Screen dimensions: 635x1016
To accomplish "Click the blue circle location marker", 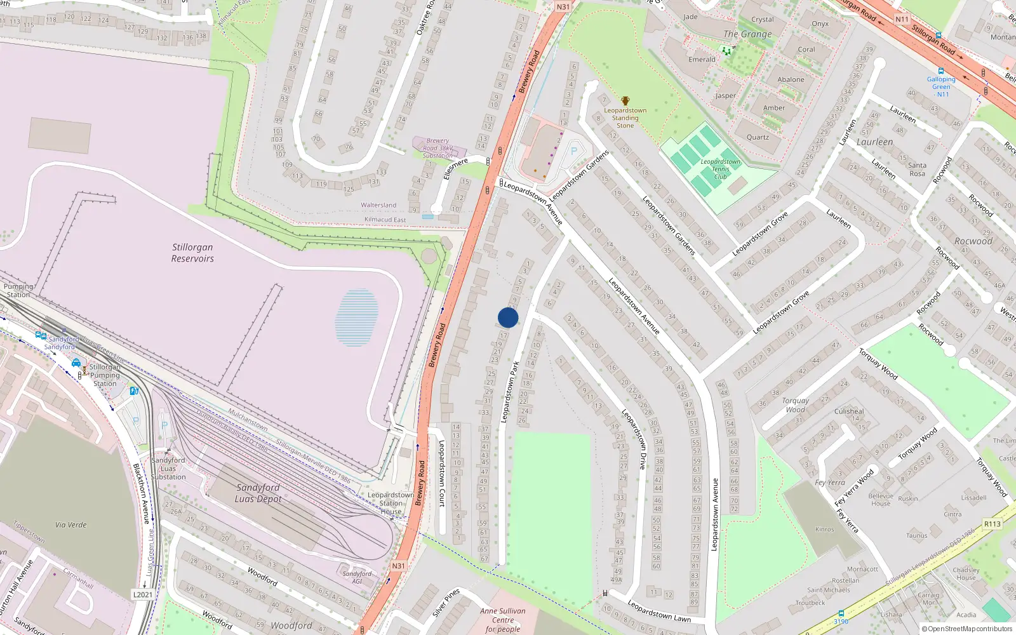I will (508, 317).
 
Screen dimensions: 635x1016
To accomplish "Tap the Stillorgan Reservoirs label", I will (192, 253).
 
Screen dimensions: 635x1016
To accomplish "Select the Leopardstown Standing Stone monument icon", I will (625, 101).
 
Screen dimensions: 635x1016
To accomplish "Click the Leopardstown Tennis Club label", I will (720, 169).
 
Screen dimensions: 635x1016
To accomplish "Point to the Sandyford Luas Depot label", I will (258, 493).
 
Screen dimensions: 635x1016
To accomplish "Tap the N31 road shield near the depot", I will (398, 566).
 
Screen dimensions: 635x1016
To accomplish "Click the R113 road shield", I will (992, 524).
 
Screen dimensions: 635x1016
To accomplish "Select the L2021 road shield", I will (142, 594).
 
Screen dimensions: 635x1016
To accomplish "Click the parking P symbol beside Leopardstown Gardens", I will (574, 151).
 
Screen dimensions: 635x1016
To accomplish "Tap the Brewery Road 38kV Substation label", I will (438, 148).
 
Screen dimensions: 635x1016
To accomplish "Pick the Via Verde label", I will (70, 525).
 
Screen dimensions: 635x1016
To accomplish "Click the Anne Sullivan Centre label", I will (503, 620).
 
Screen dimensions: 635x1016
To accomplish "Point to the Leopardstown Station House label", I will (391, 503).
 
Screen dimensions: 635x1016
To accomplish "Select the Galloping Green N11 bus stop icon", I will (941, 71).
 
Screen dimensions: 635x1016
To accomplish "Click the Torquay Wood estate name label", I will (796, 405).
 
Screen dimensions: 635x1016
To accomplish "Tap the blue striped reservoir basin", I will (357, 317).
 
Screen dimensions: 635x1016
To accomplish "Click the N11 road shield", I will (902, 19).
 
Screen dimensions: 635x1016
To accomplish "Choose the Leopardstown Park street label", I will (510, 392).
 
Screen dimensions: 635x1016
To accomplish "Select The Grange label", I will (747, 34).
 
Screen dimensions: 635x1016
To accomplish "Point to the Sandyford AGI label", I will (357, 577).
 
